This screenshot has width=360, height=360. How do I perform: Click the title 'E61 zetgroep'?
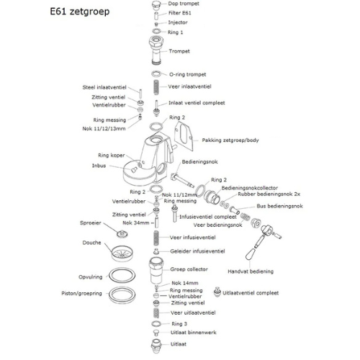tap(80, 12)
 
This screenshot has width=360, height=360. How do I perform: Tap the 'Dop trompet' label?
tap(184, 4)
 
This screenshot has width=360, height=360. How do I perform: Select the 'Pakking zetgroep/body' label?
tap(230, 140)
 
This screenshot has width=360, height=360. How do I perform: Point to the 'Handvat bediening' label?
tap(251, 271)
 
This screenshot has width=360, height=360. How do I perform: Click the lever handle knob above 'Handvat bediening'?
tap(251, 254)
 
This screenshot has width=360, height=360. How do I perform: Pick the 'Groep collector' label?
tap(189, 269)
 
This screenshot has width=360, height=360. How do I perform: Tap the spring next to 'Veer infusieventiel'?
tap(156, 238)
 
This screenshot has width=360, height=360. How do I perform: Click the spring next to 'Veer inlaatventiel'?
tap(156, 87)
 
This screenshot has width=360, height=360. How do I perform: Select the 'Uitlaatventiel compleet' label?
tap(251, 293)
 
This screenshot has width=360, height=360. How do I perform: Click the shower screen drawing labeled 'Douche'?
tap(122, 253)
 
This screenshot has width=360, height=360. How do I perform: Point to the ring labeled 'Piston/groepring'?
tap(122, 294)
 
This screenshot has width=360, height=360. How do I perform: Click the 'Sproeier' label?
tap(91, 223)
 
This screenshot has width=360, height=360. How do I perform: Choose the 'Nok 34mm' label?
tap(136, 223)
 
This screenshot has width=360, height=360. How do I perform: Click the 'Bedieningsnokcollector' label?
tap(250, 188)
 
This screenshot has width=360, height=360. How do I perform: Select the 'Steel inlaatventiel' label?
tap(104, 87)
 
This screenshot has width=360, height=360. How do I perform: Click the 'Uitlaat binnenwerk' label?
tap(194, 333)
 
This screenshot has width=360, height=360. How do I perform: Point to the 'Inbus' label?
tap(99, 166)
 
